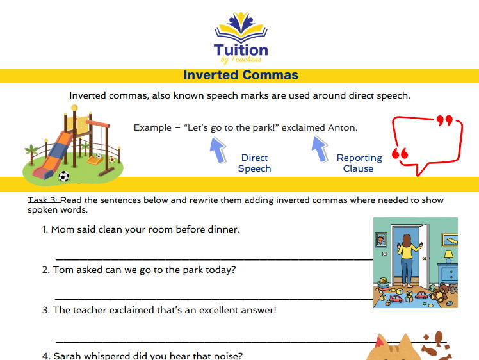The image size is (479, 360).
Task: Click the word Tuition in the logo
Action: click(241, 50)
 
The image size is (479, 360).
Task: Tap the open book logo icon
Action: click(241, 26)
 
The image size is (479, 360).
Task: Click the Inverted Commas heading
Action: click(240, 75)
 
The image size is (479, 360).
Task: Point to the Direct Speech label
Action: click(254, 163)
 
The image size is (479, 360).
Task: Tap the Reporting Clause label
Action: click(359, 163)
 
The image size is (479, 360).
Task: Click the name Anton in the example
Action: click(342, 127)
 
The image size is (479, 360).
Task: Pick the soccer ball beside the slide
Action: click(64, 176)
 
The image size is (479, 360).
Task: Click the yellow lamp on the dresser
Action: click(448, 256)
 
